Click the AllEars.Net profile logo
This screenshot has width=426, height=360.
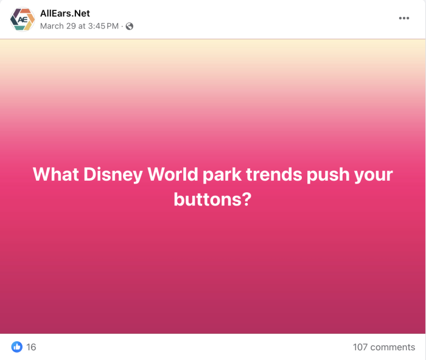click(x=23, y=19)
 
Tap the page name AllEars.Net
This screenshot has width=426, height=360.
click(x=65, y=13)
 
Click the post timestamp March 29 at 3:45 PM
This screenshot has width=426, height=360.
click(x=79, y=26)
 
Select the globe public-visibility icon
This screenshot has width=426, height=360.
click(x=129, y=26)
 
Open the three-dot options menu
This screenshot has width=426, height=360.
click(x=404, y=18)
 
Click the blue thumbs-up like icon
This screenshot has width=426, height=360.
click(x=17, y=347)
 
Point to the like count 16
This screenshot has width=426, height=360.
click(x=31, y=347)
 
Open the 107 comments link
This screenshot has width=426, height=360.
click(x=384, y=347)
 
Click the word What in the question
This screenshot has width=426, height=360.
click(x=56, y=174)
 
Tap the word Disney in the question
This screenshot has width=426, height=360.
click(x=113, y=175)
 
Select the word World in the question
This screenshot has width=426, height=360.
click(x=172, y=174)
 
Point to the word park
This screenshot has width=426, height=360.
click(x=222, y=175)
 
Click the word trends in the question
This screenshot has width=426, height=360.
click(x=274, y=175)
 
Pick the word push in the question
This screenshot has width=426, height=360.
click(x=328, y=175)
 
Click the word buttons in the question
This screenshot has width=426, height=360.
click(x=207, y=199)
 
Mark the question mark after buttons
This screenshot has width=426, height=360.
click(x=246, y=199)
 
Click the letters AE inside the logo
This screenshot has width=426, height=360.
click(x=23, y=19)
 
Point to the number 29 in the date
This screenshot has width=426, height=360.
click(x=71, y=26)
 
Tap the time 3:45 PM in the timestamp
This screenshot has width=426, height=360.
click(x=103, y=26)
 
